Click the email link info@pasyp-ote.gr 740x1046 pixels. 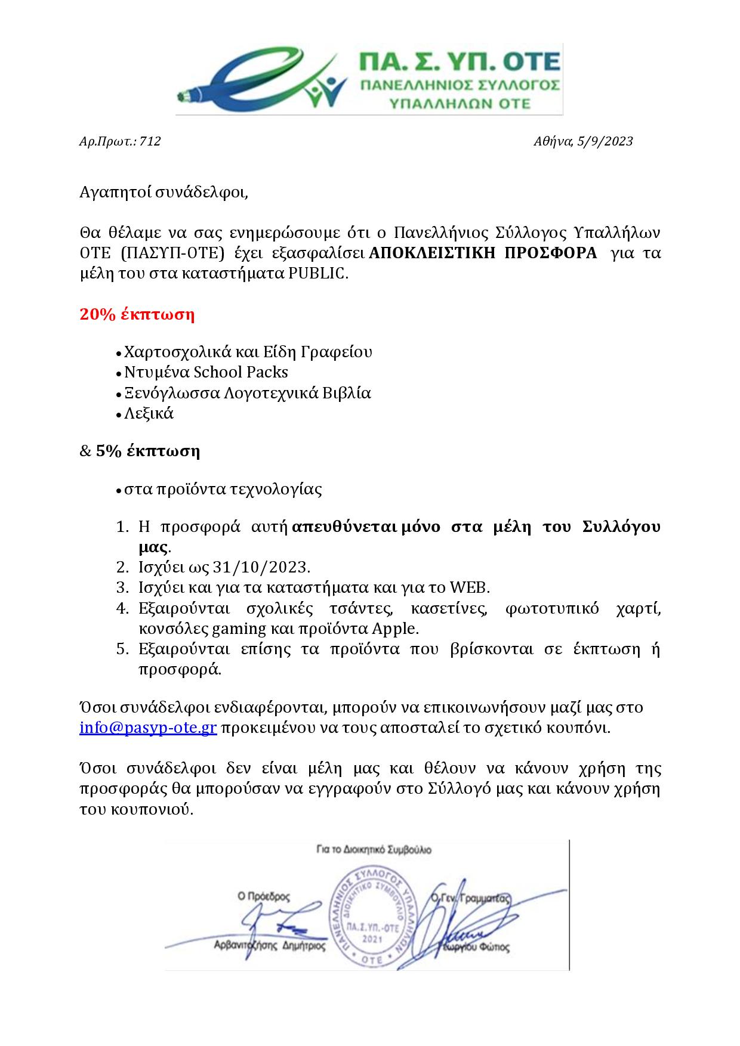point(148,728)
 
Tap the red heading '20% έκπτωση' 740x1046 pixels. point(137,315)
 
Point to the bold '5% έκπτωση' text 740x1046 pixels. point(147,451)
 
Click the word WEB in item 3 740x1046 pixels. point(469,587)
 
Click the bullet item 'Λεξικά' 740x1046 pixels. point(149,413)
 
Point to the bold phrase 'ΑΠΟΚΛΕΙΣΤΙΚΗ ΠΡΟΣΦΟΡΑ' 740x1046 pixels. point(483,253)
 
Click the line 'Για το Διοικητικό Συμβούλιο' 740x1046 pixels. point(374,849)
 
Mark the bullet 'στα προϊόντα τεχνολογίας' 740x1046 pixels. point(223,490)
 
